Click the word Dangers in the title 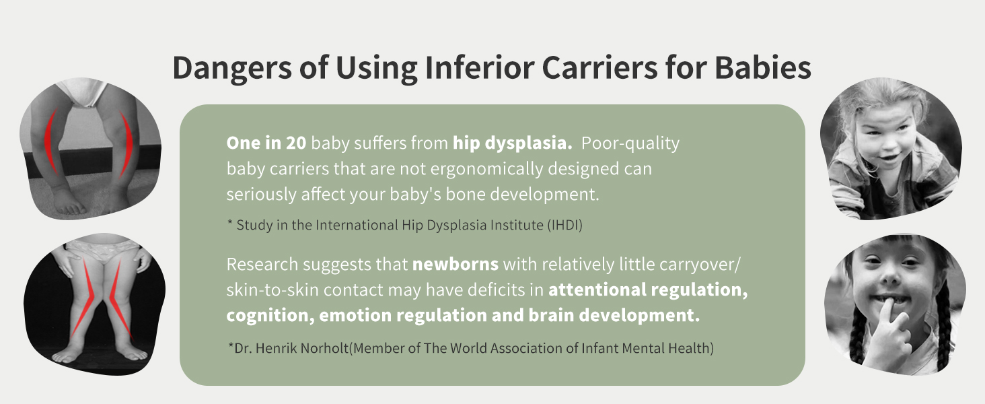(232, 69)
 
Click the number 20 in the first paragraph (296, 143)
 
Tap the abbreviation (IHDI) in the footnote (564, 226)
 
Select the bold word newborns (455, 265)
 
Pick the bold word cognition (270, 316)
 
